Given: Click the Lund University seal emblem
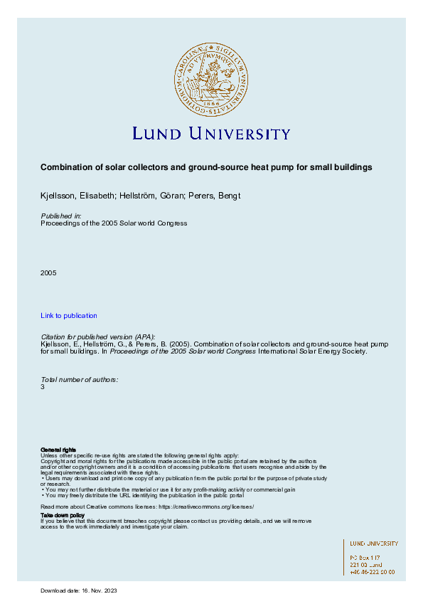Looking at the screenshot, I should (x=211, y=78).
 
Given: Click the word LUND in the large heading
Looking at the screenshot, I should (x=158, y=134).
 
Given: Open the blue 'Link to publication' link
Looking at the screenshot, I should (x=69, y=316).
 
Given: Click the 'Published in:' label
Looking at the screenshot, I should (x=61, y=216).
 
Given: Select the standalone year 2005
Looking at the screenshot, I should (x=48, y=272).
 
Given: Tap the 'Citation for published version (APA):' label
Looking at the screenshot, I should (x=99, y=336).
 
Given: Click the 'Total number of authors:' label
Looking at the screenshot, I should (x=80, y=380).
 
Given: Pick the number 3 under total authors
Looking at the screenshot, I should (x=43, y=388).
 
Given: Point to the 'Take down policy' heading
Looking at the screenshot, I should (x=63, y=514).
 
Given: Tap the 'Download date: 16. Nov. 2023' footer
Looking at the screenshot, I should (x=78, y=591).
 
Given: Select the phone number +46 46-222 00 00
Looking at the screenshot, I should (x=372, y=571).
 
